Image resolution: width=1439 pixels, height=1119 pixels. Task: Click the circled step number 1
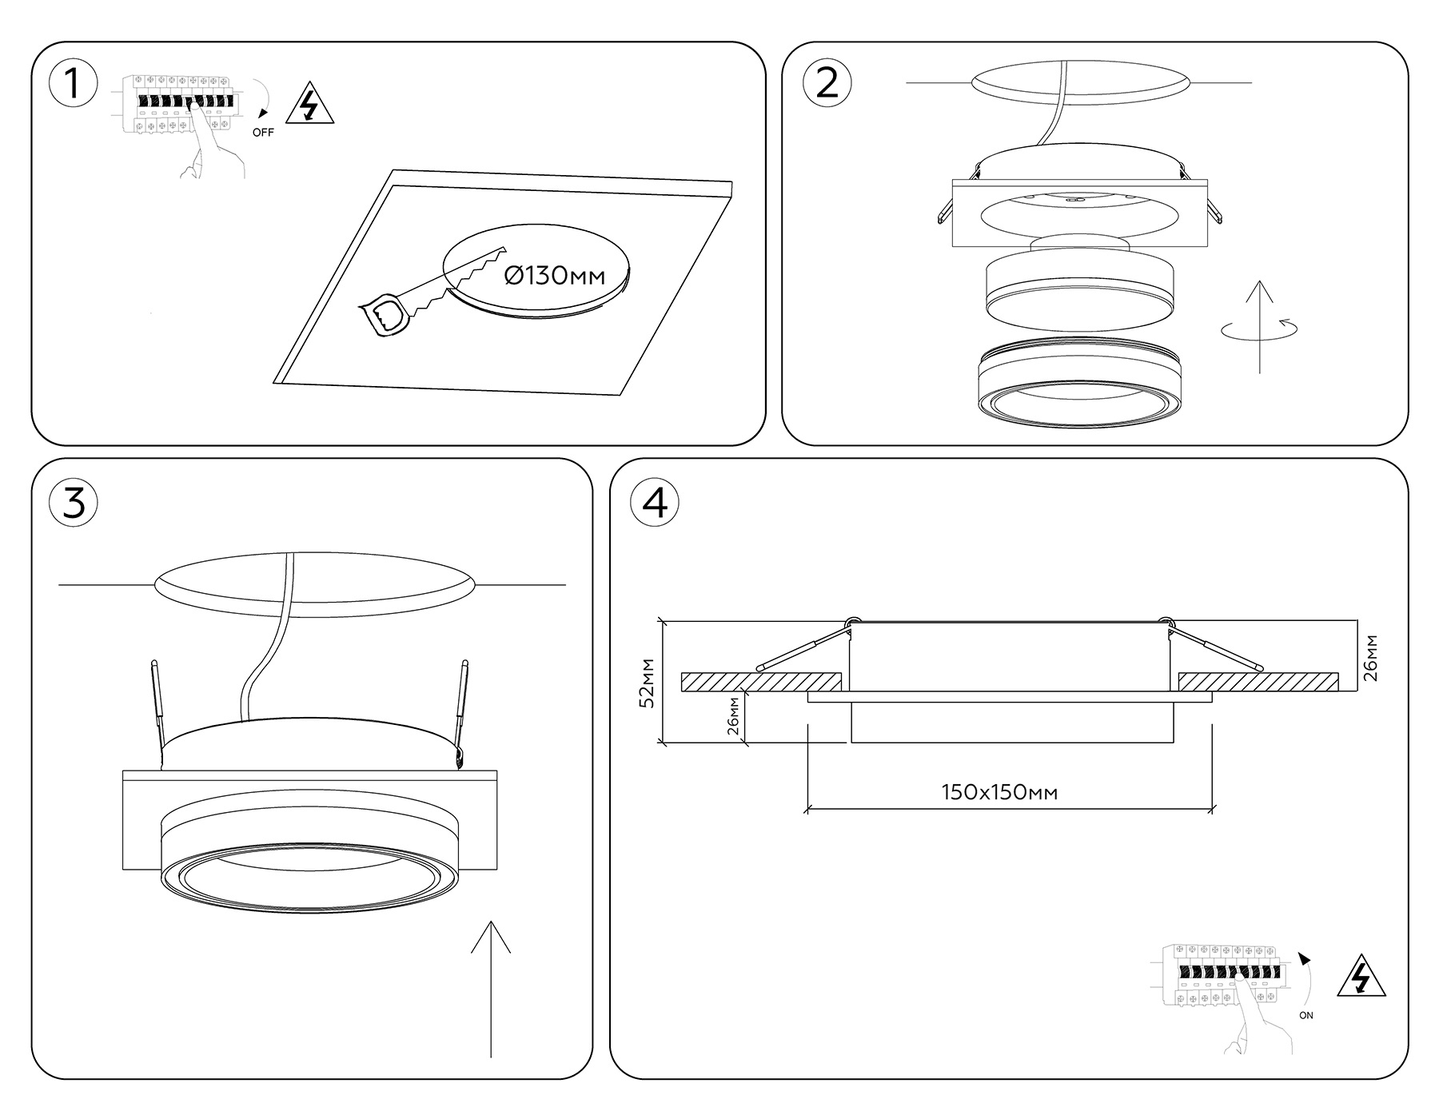(74, 82)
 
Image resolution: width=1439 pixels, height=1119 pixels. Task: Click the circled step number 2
(827, 82)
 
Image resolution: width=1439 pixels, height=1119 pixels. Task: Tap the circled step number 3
(74, 504)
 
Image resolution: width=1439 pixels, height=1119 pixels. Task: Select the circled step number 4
(655, 504)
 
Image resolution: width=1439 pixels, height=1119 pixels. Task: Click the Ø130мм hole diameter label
(555, 276)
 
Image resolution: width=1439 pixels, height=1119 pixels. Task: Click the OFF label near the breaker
(263, 133)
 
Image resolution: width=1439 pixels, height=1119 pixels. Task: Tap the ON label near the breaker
(1306, 1016)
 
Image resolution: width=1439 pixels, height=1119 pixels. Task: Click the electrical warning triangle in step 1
(309, 105)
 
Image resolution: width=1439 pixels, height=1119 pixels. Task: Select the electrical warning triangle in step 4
(1361, 977)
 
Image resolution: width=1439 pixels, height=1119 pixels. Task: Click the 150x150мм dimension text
(999, 792)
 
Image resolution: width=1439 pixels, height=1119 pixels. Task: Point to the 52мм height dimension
(648, 683)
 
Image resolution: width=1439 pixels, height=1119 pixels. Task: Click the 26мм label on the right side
(1371, 657)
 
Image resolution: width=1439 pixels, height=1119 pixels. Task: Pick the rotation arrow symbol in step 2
(1259, 328)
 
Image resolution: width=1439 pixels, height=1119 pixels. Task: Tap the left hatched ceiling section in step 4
(760, 682)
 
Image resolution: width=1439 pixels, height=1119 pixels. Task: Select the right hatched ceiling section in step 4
(1258, 682)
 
